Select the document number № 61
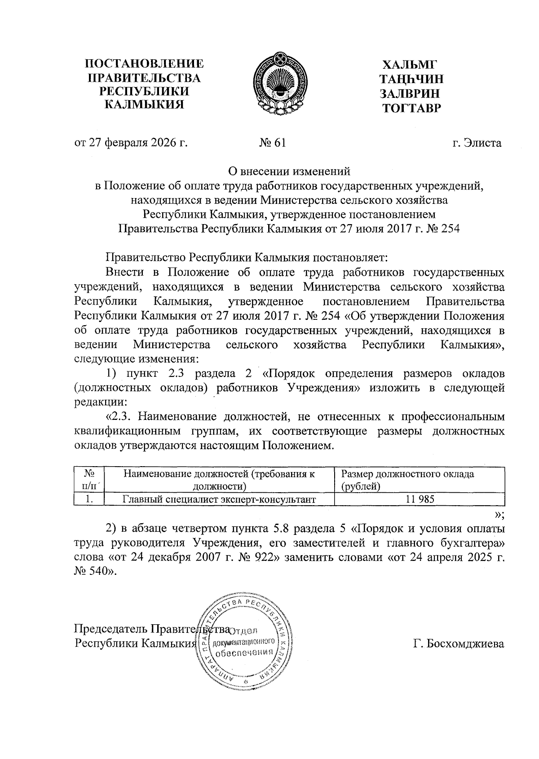273,143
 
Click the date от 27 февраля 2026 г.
130,143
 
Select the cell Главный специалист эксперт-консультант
219,499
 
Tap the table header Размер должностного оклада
407,474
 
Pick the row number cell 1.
89,499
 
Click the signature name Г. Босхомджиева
459,643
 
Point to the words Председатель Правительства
152,628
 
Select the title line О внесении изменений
288,171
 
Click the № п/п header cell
89,479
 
